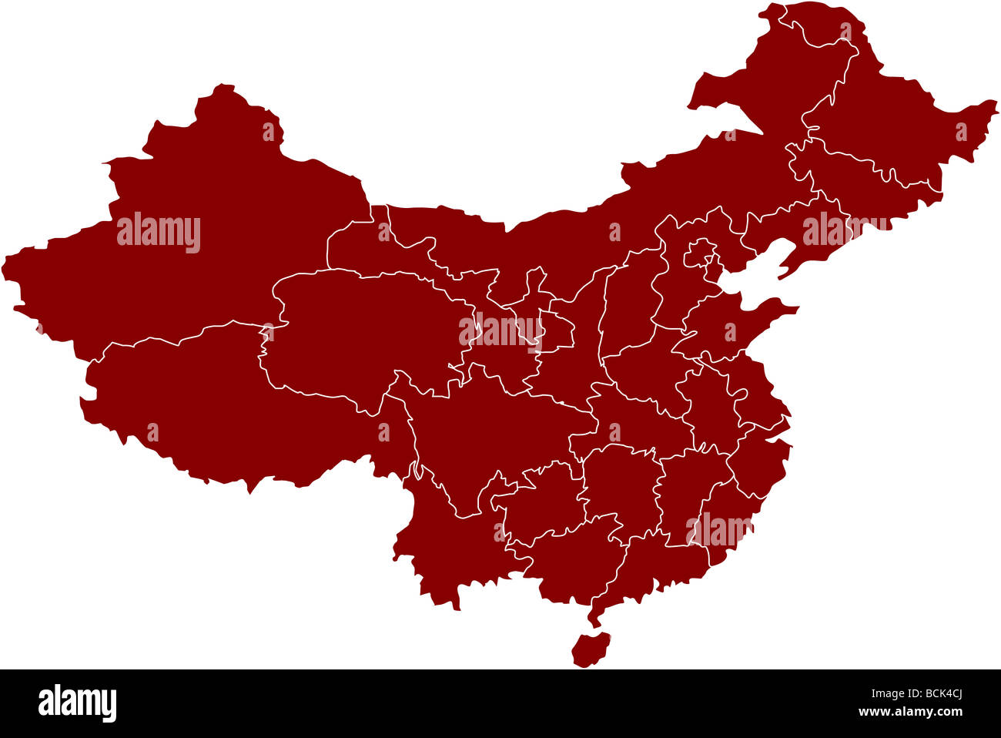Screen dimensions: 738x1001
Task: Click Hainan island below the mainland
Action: tap(591, 649)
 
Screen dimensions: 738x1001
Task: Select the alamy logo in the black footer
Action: tap(77, 703)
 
